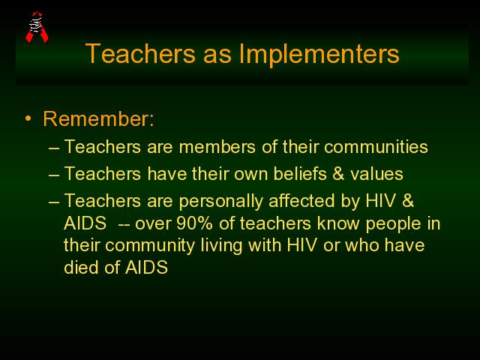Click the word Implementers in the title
[319, 54]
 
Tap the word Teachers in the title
[140, 53]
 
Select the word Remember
[98, 118]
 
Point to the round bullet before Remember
[28, 118]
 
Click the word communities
[376, 147]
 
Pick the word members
[217, 147]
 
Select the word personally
[220, 202]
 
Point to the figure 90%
[194, 223]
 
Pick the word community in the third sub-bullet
[150, 246]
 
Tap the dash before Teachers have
[54, 175]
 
